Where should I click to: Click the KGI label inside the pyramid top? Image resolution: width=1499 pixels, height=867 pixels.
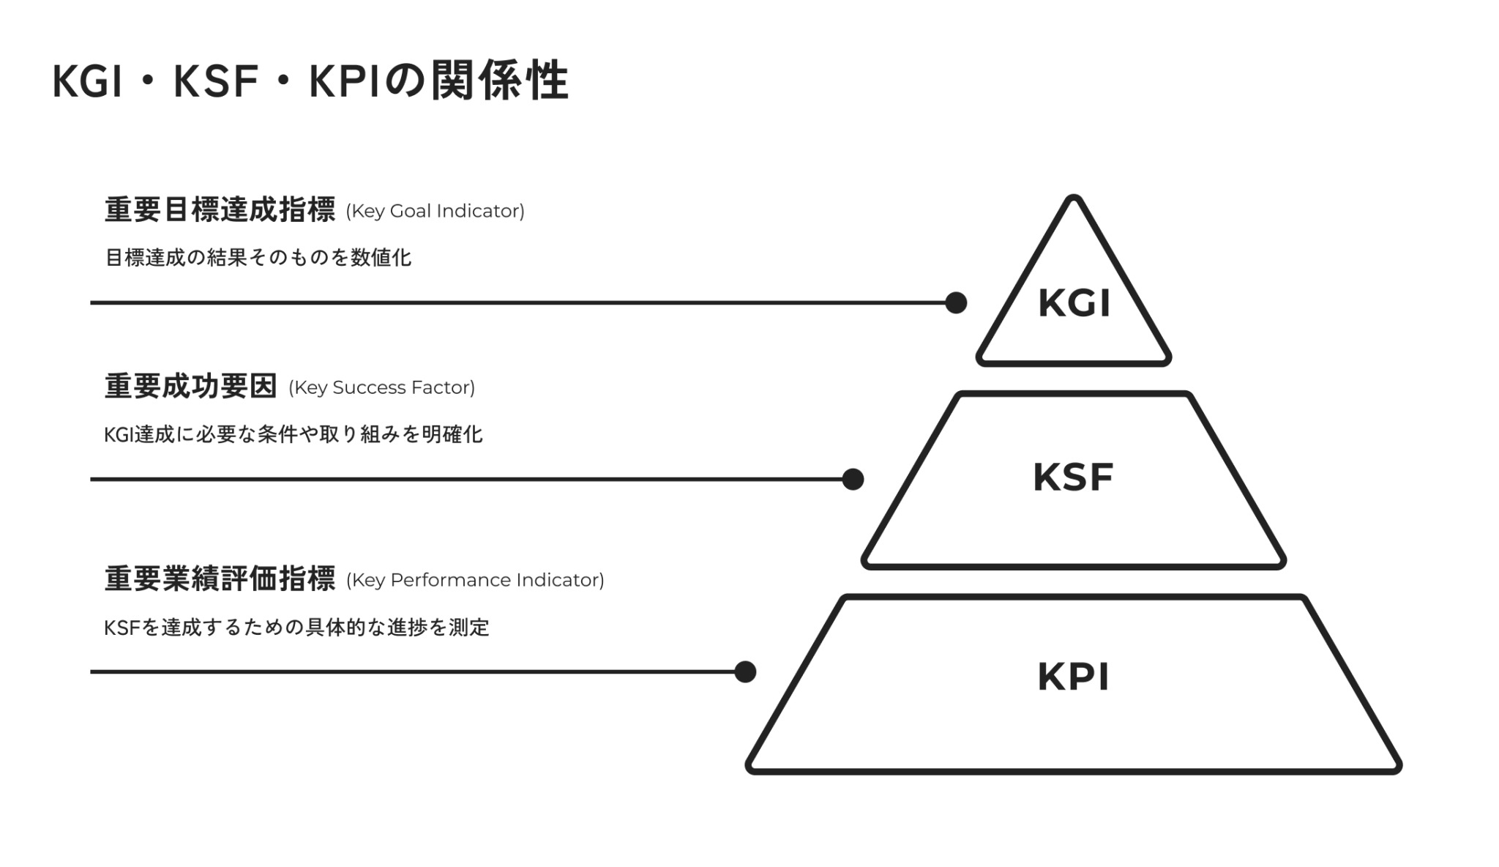(1074, 303)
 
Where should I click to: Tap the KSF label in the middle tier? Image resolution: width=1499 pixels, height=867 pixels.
(1073, 477)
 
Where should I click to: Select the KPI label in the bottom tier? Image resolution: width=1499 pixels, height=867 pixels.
(1073, 677)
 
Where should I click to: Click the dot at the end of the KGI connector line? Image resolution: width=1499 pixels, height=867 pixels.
(956, 302)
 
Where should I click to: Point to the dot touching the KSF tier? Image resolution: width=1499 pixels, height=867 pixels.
(853, 480)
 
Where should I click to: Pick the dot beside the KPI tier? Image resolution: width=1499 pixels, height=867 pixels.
(745, 671)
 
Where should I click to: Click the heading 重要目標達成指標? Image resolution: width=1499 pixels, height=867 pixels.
(220, 210)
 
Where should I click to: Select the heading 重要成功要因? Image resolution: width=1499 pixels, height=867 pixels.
(190, 387)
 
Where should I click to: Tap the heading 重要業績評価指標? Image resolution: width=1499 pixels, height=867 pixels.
(220, 579)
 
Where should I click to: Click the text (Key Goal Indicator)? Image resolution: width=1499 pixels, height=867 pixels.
(435, 212)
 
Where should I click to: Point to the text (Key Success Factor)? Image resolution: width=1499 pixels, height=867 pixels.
(381, 388)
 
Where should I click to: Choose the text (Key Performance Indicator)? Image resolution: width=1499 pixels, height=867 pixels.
(475, 581)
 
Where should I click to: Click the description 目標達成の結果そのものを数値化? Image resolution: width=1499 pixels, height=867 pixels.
(258, 258)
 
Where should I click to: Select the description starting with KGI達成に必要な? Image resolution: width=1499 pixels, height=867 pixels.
(294, 435)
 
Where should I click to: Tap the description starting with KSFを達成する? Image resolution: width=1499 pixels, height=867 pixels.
(296, 628)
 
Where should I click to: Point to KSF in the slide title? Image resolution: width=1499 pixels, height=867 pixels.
(216, 81)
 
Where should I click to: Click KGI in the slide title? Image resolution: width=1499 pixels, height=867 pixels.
(87, 81)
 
